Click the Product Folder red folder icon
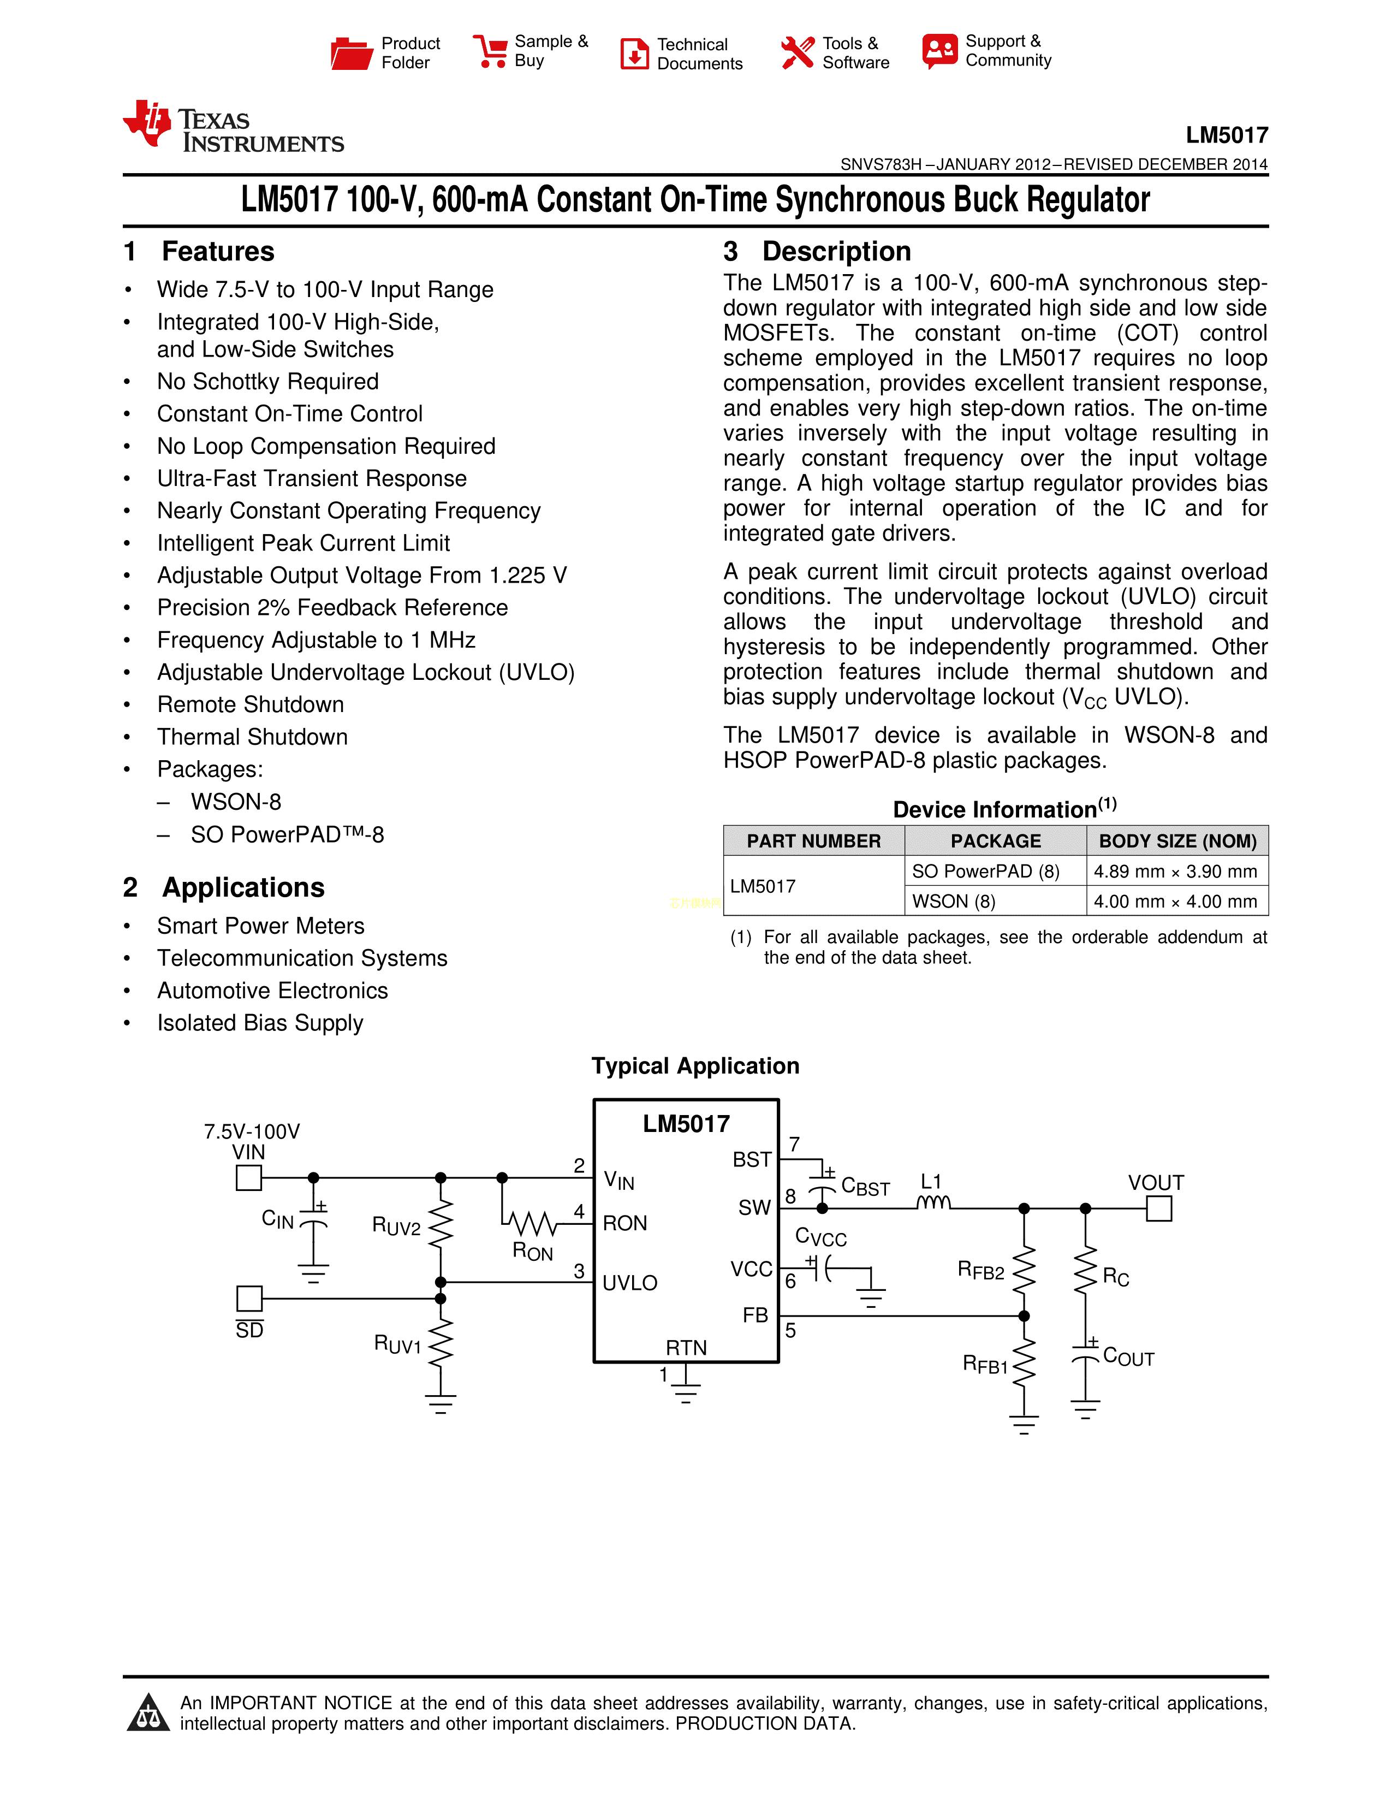click(352, 54)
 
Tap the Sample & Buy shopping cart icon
click(491, 51)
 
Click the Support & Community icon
click(940, 51)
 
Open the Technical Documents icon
click(634, 54)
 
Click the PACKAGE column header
click(995, 841)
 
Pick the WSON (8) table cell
click(954, 901)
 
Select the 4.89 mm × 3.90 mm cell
click(1175, 872)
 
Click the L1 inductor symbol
click(933, 1203)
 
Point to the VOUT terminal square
click(1158, 1209)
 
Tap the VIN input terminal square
click(249, 1177)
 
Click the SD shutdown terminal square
click(249, 1298)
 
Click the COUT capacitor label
click(1128, 1358)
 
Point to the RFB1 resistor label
click(985, 1364)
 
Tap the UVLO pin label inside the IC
click(630, 1283)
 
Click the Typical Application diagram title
click(695, 1066)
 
